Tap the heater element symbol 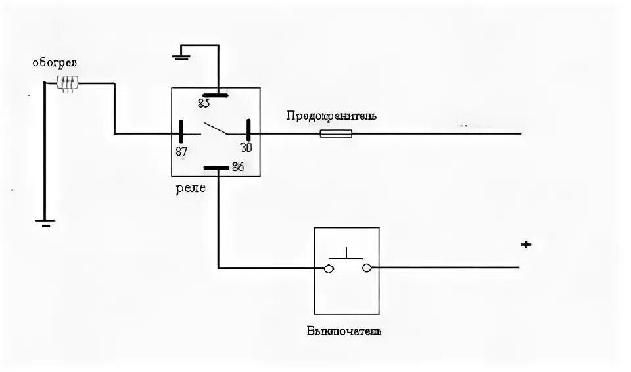67,83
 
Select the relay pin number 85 204,103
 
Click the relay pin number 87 182,150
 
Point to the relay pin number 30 245,147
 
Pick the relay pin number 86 237,167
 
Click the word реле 190,188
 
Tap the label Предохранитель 331,116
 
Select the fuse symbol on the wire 335,133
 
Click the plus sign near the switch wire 525,244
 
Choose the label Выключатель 344,330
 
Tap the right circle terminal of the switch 367,267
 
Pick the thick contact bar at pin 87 182,130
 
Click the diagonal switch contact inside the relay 215,128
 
